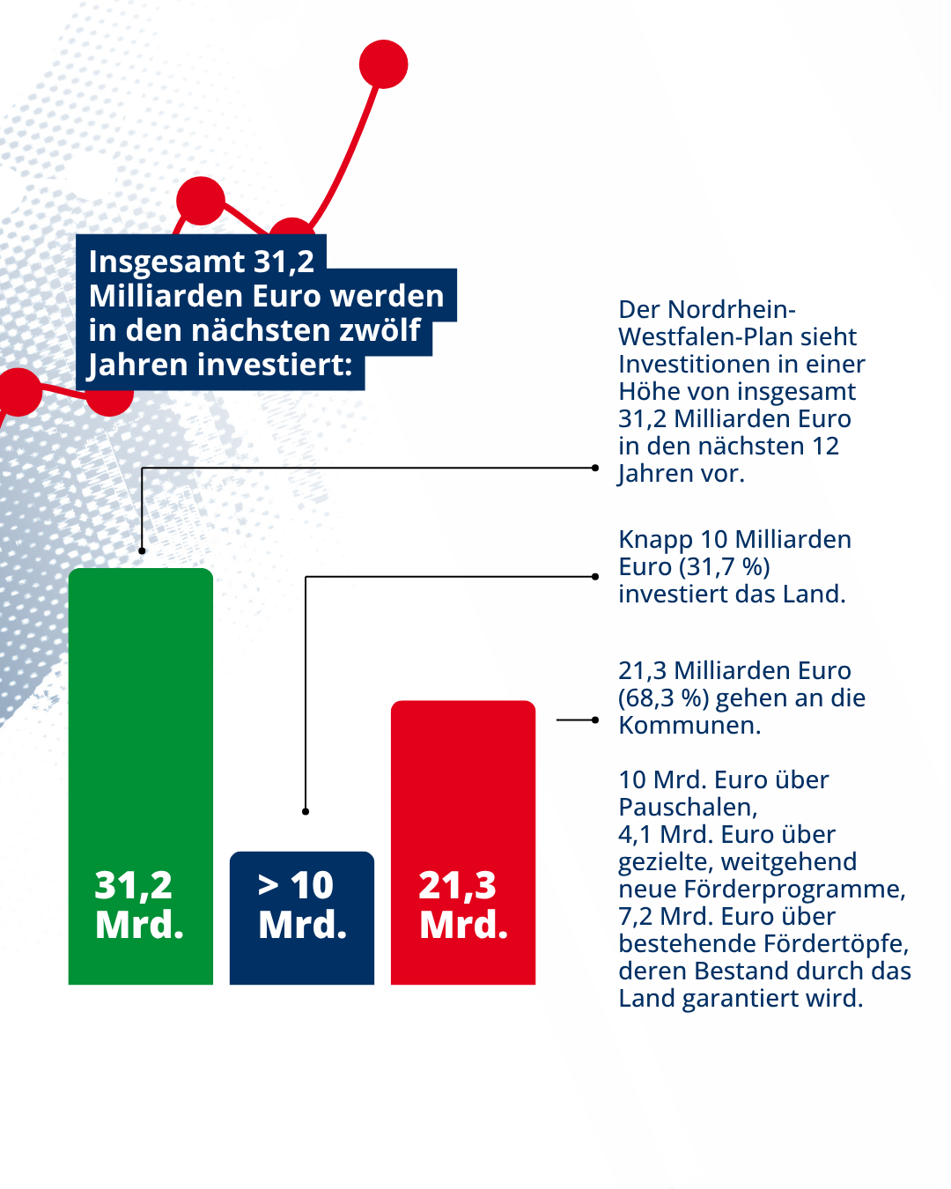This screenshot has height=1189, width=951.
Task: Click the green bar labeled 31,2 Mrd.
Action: [x=141, y=749]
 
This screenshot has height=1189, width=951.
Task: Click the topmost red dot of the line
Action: [x=383, y=64]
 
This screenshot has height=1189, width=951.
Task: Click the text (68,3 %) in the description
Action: [x=662, y=698]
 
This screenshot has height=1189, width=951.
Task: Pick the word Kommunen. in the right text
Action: [x=689, y=726]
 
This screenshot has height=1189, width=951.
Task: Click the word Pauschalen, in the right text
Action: [x=688, y=808]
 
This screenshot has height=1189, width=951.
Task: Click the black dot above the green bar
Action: [x=142, y=550]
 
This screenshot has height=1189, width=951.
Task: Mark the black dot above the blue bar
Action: [x=306, y=811]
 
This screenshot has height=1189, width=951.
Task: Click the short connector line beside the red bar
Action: [x=576, y=720]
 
